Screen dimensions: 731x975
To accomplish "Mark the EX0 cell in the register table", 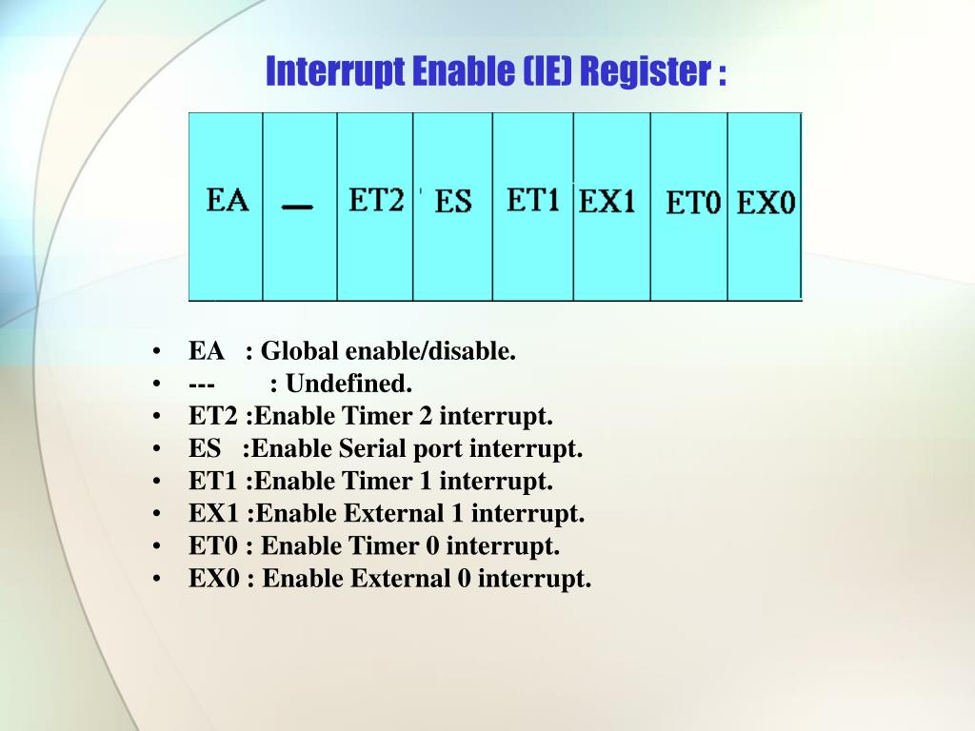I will click(x=766, y=204).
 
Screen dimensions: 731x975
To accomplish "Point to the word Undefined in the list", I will click(x=349, y=384).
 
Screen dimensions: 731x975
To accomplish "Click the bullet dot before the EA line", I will click(x=155, y=352).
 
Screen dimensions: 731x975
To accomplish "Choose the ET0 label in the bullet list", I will click(x=212, y=546).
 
